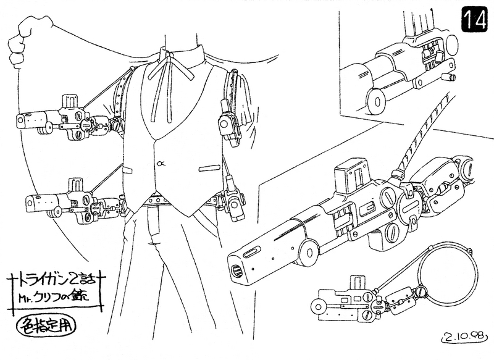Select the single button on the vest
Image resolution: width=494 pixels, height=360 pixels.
click(x=161, y=164)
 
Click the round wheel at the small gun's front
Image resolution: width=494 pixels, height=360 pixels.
click(x=320, y=306)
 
